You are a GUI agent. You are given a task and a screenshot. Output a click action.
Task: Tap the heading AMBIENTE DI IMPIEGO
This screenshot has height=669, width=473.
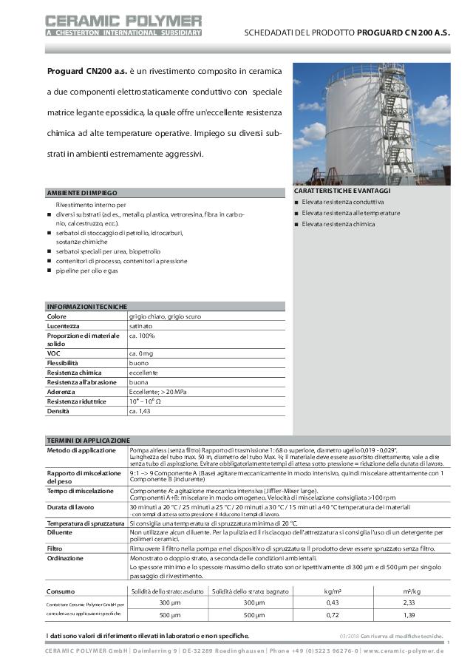click(82, 192)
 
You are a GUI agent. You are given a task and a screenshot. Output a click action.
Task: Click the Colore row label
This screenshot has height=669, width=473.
click(57, 316)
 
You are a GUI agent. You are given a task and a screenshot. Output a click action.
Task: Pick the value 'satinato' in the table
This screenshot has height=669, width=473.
click(140, 325)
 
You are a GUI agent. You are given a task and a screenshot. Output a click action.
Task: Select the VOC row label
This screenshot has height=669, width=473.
click(53, 354)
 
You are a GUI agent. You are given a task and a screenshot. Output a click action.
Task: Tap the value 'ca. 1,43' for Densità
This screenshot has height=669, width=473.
click(140, 411)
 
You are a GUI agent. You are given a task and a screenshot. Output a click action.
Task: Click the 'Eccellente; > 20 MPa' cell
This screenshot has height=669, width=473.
click(156, 392)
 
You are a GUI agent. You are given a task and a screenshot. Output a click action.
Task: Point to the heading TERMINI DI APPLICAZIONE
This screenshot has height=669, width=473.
click(88, 440)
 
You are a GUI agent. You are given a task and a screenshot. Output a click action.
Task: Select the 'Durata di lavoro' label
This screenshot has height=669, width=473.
click(71, 507)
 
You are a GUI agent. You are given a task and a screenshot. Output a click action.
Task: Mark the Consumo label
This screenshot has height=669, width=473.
click(60, 591)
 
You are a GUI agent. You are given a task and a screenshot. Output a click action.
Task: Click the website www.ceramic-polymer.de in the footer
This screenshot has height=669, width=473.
click(403, 651)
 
